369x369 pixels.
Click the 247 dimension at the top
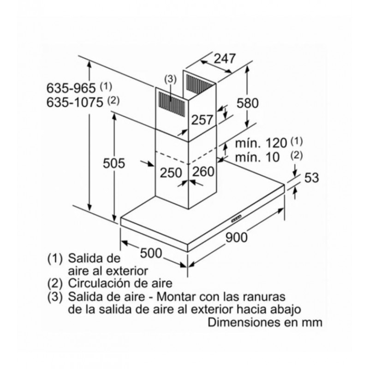(225, 59)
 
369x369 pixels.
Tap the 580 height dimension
(247, 103)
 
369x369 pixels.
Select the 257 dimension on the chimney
(202, 120)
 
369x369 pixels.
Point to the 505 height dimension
(113, 163)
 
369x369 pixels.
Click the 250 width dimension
(171, 173)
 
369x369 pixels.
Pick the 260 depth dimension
(203, 171)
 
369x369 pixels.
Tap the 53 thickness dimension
(312, 178)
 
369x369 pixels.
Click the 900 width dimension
(236, 237)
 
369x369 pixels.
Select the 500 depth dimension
(151, 253)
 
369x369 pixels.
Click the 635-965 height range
(71, 88)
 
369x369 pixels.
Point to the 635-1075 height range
(75, 102)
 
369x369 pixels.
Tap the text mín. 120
(261, 143)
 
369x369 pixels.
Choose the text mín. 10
(257, 157)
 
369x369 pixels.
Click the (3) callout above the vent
(170, 79)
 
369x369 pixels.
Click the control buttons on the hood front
(236, 218)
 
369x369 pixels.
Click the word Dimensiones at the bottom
(244, 322)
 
